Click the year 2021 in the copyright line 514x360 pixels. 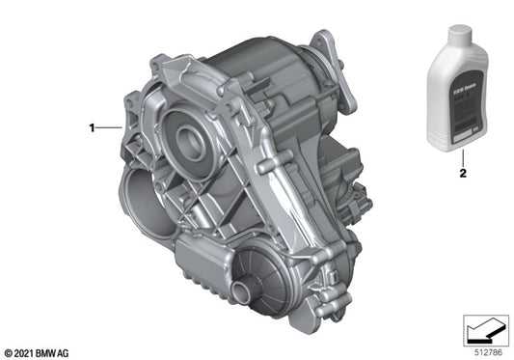[x=27, y=351]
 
